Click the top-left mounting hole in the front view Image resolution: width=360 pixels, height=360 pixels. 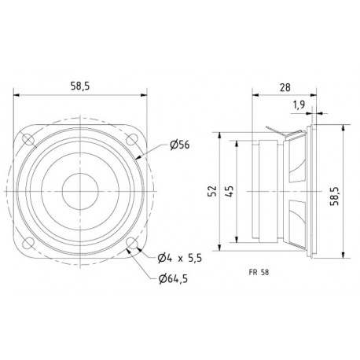[29, 140]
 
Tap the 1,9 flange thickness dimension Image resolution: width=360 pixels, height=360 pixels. [299, 104]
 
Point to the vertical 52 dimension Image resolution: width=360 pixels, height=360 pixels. [212, 191]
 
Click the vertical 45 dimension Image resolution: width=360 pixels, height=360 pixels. [229, 191]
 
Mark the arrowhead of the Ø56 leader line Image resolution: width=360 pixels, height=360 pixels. [140, 160]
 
